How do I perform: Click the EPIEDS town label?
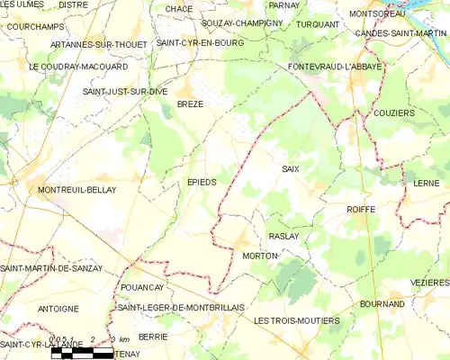click(202, 182)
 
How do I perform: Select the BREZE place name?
click(190, 104)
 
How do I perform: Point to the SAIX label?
click(290, 169)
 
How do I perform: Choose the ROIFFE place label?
click(361, 209)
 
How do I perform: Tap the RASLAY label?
click(283, 236)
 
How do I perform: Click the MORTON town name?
click(260, 256)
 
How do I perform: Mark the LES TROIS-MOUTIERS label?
click(297, 320)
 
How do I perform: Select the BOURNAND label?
click(382, 304)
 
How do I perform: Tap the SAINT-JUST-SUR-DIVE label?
click(125, 92)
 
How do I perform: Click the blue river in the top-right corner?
click(423, 12)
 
